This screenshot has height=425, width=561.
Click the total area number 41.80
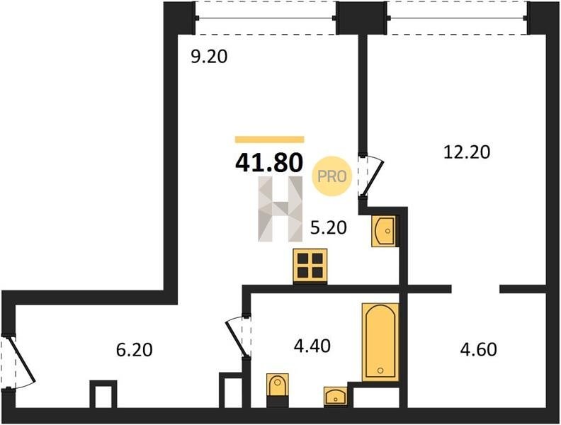tap(269, 162)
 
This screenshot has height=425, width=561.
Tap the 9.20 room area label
tap(209, 57)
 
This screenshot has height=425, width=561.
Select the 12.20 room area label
tap(467, 152)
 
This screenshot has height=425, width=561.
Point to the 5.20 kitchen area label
tap(329, 227)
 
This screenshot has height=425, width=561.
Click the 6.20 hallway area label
tap(135, 349)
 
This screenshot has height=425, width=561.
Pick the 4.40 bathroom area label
tap(312, 346)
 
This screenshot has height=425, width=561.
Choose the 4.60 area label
tap(478, 349)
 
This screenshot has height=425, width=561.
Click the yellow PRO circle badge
tap(332, 176)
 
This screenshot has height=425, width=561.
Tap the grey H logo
tap(280, 209)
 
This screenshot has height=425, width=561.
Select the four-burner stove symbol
tap(310, 266)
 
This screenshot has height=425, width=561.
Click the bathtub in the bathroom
tap(380, 342)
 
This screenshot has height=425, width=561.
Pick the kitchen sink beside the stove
tap(383, 231)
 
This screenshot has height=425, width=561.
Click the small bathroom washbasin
tap(335, 397)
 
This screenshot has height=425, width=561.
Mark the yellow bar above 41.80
tap(269, 140)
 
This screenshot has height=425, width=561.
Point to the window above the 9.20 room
tap(266, 18)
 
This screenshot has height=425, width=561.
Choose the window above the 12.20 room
tap(458, 18)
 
